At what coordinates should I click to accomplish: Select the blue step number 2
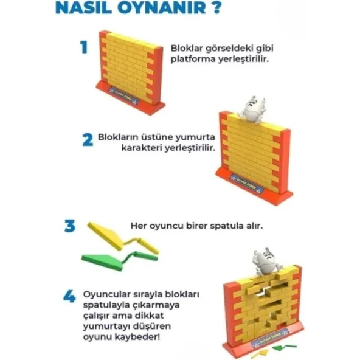[87, 139]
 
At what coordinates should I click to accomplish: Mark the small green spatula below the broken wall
[281, 348]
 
